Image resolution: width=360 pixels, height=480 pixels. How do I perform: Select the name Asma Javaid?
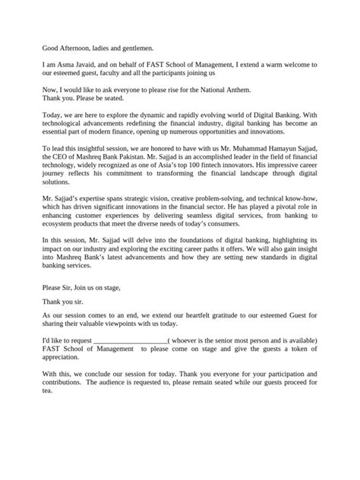(76, 67)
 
